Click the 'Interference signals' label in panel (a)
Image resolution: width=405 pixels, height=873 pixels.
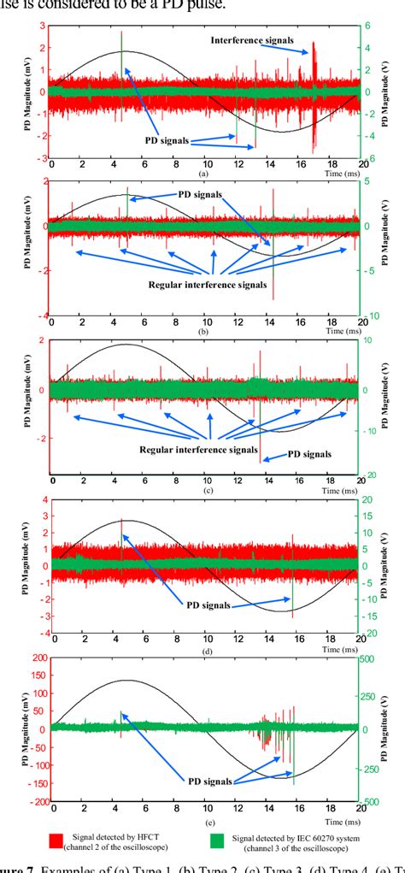253,40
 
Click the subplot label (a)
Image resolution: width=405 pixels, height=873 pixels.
202,172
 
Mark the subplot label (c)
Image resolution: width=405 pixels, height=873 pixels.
202,489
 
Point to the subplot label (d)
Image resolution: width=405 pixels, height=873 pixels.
202,652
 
